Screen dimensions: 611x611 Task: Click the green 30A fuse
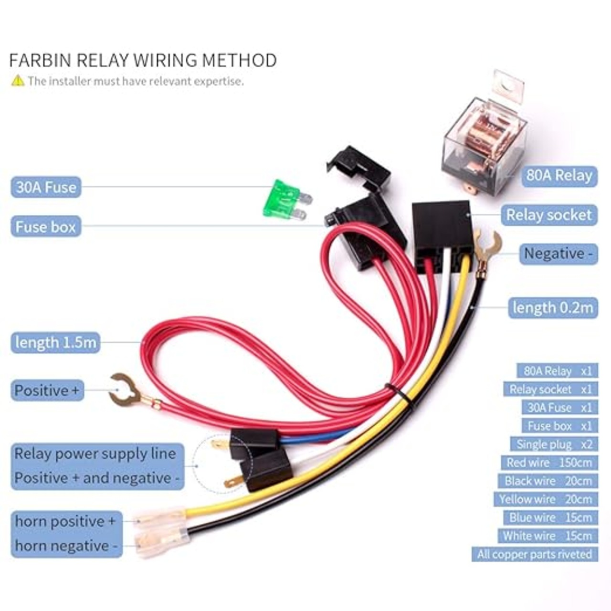[283, 200]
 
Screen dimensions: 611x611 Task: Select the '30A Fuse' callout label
[46, 187]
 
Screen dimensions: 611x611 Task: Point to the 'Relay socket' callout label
[548, 215]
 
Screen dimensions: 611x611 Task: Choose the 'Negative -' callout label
[558, 253]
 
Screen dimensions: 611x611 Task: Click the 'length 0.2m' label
[553, 307]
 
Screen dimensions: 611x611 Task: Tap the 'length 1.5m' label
[55, 342]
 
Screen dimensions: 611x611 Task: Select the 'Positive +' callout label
[47, 390]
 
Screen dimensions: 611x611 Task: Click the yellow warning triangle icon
[18, 81]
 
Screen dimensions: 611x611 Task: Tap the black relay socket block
[441, 229]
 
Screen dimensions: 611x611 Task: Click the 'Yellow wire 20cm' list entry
[545, 499]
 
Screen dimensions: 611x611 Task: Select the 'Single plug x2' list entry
[554, 444]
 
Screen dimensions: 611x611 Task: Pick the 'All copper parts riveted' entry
[534, 554]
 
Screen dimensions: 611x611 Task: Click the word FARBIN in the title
[40, 61]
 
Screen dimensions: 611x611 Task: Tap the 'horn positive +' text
[65, 521]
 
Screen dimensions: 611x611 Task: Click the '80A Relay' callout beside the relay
[559, 176]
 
